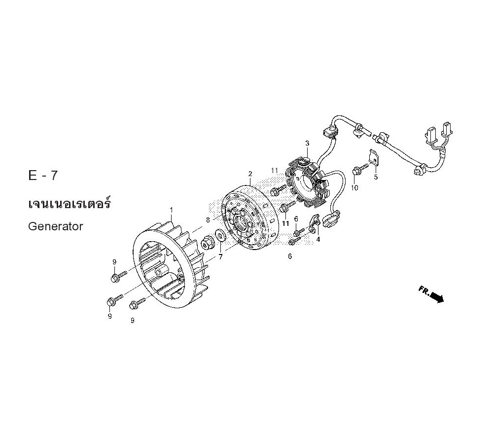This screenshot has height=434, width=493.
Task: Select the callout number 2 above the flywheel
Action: click(x=250, y=174)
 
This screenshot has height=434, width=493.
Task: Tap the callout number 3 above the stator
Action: click(x=307, y=144)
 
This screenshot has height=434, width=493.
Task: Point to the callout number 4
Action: click(x=318, y=239)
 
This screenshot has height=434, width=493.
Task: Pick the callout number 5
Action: click(x=376, y=177)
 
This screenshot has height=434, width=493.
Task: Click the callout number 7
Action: click(x=220, y=256)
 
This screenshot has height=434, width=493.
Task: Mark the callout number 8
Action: click(x=208, y=219)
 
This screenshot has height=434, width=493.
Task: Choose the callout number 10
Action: click(x=354, y=188)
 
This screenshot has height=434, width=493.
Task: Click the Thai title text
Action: click(x=69, y=203)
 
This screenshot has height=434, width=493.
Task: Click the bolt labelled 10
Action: click(x=358, y=171)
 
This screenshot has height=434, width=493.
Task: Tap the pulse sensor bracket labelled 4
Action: click(x=315, y=225)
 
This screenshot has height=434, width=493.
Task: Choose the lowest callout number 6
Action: click(x=290, y=256)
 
